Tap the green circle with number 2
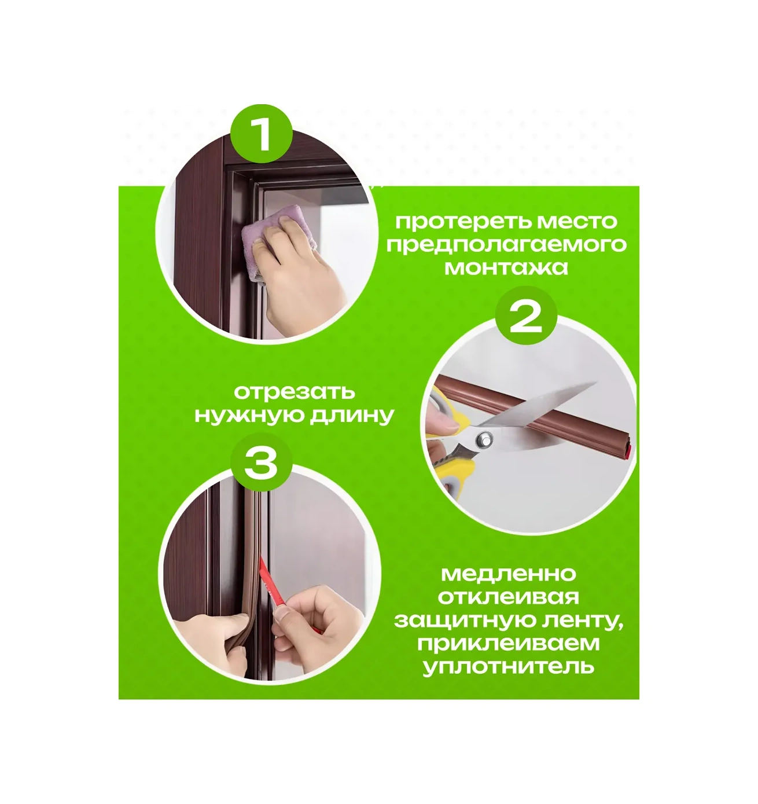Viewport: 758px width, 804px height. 526,317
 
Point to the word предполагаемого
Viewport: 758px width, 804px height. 506,246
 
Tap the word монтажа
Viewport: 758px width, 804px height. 506,267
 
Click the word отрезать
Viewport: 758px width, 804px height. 294,392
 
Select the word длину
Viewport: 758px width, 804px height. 351,416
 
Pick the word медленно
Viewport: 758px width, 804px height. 508,574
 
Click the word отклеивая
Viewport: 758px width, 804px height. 508,597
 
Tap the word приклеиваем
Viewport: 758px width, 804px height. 508,644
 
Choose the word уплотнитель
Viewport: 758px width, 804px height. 508,667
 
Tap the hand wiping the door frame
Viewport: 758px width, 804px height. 301,267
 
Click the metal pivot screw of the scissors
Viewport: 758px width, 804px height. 484,437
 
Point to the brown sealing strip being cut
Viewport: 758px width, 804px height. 534,417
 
